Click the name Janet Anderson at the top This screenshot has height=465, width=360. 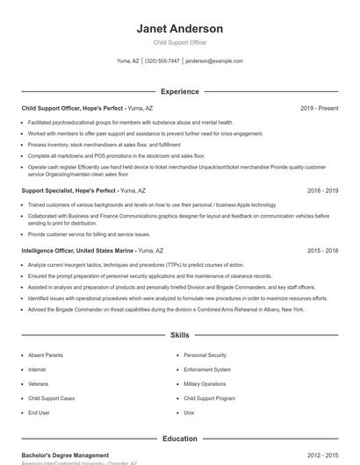(x=179, y=29)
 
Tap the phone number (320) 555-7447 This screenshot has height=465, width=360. (x=162, y=61)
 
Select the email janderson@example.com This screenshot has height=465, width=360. (x=214, y=61)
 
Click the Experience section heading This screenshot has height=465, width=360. (x=179, y=91)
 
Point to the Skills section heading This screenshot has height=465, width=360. (x=179, y=335)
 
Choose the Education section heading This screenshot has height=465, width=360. (x=179, y=439)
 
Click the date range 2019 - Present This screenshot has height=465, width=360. (x=319, y=108)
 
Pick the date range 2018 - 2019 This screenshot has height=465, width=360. (x=322, y=190)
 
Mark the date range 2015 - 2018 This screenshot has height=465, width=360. (x=322, y=250)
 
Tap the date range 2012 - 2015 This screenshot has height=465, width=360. (x=322, y=456)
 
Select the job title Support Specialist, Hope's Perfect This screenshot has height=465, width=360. (x=68, y=190)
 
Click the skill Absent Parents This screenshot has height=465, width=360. (x=45, y=355)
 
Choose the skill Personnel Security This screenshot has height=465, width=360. (x=205, y=355)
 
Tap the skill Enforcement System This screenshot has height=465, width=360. (x=207, y=369)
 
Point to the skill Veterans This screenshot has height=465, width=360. (x=38, y=383)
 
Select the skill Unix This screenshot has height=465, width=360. (x=189, y=411)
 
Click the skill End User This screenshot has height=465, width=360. (x=39, y=411)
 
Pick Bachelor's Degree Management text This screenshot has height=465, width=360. (x=65, y=456)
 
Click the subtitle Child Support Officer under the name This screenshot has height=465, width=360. (x=179, y=42)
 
